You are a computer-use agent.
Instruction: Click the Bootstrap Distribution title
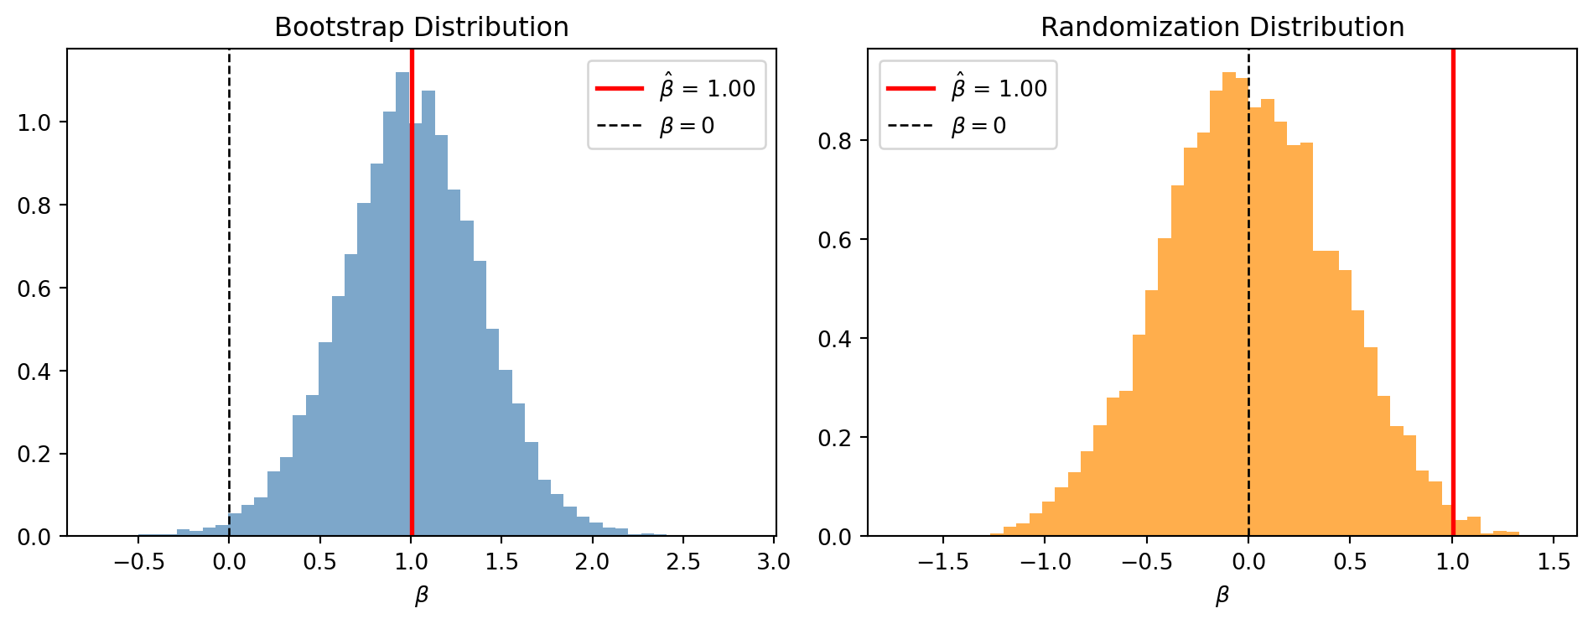(422, 28)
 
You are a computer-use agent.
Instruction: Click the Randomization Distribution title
(1222, 28)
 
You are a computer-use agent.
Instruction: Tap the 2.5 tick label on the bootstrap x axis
(683, 562)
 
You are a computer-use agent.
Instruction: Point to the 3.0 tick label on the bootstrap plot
(774, 562)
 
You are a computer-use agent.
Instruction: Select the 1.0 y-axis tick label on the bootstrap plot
(35, 122)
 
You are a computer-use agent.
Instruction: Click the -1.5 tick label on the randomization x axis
(942, 562)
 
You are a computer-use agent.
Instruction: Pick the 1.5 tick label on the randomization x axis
(1555, 562)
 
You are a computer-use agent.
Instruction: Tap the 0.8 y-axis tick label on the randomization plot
(835, 141)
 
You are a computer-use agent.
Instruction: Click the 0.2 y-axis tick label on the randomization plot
(835, 438)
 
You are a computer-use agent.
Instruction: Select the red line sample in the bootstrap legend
(620, 88)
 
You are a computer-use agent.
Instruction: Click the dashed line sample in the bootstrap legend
(620, 127)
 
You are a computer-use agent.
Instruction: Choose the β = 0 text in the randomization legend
(978, 127)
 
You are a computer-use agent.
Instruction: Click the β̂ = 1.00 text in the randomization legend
(999, 86)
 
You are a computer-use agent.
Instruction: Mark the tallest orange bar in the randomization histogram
(1229, 304)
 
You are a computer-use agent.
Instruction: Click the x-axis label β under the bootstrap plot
(422, 596)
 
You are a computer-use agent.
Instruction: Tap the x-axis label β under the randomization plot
(1222, 596)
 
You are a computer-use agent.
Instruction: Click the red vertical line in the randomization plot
(1453, 293)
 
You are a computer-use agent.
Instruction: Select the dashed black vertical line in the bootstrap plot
(229, 293)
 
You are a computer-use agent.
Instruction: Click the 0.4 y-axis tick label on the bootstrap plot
(35, 371)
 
